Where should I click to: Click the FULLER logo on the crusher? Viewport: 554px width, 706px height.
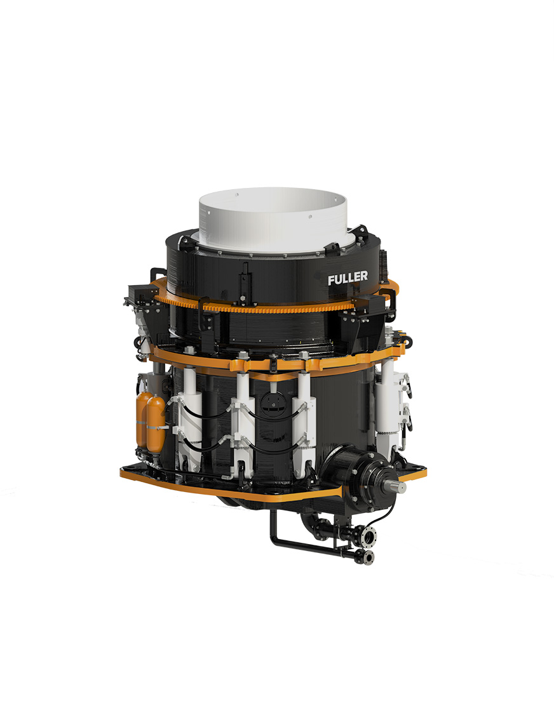click(x=348, y=278)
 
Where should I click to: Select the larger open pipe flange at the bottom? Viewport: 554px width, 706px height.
click(x=369, y=536)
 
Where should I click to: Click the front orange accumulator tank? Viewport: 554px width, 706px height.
click(x=156, y=423)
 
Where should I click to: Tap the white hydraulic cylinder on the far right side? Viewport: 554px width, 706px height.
click(x=388, y=405)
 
